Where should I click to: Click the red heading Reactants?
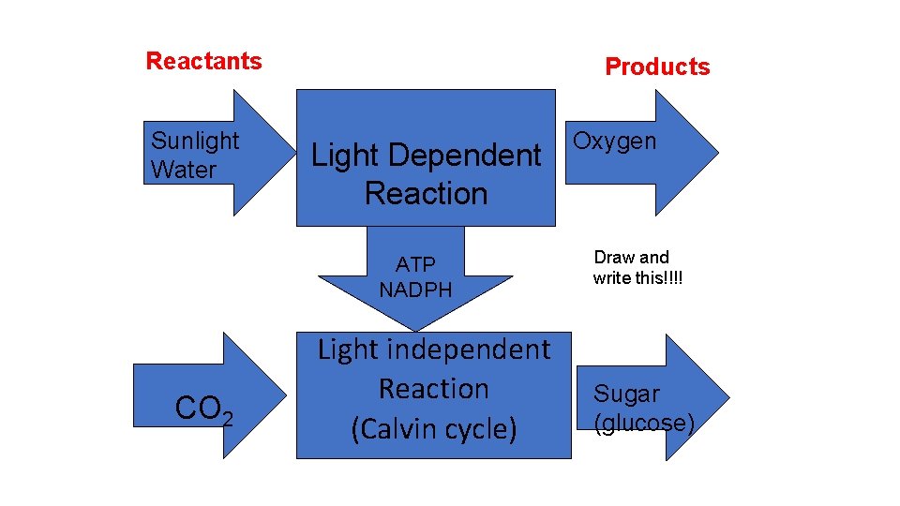[x=203, y=62]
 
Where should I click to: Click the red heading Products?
[x=657, y=67]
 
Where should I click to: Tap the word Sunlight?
[x=195, y=141]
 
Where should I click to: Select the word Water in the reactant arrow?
[x=184, y=171]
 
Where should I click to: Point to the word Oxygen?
[x=614, y=141]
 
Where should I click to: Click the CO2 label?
[x=204, y=410]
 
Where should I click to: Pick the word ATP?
[x=415, y=263]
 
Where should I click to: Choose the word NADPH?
[x=415, y=290]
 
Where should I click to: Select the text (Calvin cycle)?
[x=433, y=428]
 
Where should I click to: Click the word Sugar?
[x=626, y=394]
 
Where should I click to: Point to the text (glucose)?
[x=645, y=424]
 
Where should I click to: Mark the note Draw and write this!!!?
[x=637, y=268]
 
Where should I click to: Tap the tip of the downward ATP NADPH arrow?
[x=415, y=328]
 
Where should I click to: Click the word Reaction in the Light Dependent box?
[x=426, y=194]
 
